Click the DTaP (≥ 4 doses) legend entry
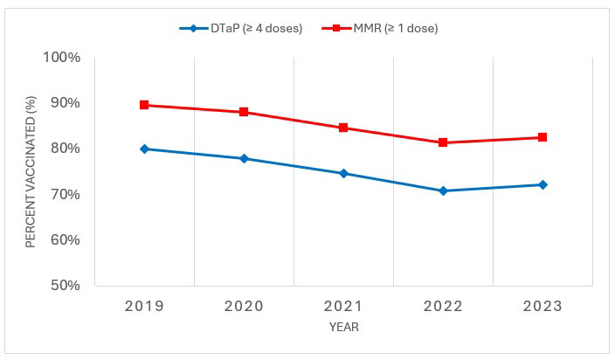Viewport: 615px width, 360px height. tap(240, 28)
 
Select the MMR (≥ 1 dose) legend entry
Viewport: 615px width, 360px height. tap(384, 28)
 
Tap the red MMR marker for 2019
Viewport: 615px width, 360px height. tap(144, 105)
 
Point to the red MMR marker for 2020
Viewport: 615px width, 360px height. tap(244, 112)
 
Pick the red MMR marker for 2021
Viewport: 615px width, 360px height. tap(343, 128)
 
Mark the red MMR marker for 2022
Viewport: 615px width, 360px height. tap(443, 142)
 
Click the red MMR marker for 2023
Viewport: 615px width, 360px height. tap(542, 137)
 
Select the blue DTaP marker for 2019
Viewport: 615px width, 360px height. tap(144, 149)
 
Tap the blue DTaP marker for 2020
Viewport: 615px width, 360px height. tap(244, 158)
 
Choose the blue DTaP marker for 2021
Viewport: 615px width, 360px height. tap(343, 173)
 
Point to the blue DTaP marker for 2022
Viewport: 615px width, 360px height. tap(443, 190)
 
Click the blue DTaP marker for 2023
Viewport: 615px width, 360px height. tap(542, 184)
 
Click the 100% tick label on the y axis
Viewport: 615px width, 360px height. tap(61, 58)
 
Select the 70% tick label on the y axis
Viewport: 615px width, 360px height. tap(65, 194)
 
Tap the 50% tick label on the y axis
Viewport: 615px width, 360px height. tap(65, 285)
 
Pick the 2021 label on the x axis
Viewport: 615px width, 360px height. tap(343, 306)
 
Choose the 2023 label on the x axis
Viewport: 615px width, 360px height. tap(542, 306)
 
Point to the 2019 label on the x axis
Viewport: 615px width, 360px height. tap(144, 306)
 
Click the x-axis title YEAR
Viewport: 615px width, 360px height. tap(343, 328)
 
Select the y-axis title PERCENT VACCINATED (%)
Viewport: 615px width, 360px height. tap(31, 171)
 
